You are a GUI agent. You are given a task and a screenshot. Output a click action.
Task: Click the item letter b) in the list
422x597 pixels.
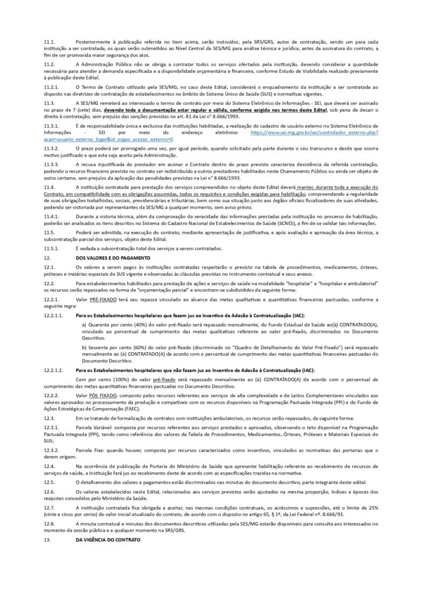(85, 347)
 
